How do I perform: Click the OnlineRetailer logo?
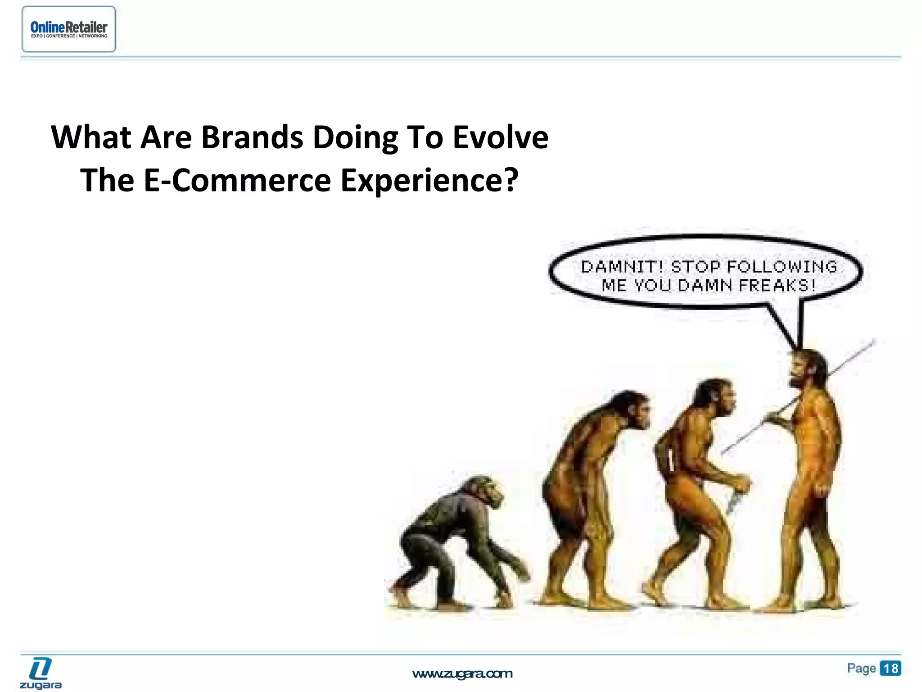point(69,29)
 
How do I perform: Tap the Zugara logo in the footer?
point(41,673)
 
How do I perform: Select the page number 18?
point(890,668)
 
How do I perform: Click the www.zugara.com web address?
point(462,674)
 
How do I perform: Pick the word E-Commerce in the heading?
point(237,180)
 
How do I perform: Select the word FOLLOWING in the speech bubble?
point(782,267)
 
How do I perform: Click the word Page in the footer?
point(861,668)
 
